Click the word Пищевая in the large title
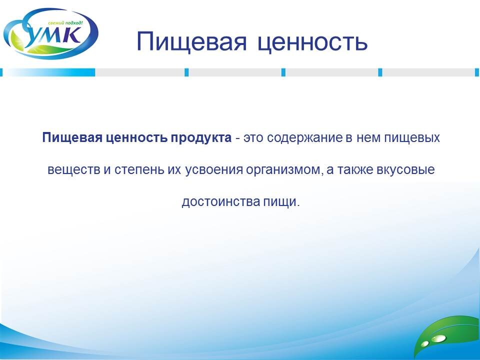(191, 41)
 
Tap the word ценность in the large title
(312, 42)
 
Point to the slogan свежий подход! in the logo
(65, 23)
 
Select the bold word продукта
(201, 138)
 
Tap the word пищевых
(411, 138)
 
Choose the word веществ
(74, 169)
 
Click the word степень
(139, 170)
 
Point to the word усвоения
(214, 170)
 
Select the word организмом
(284, 170)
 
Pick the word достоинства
(220, 202)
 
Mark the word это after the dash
(253, 138)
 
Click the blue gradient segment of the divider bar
(49, 72)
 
